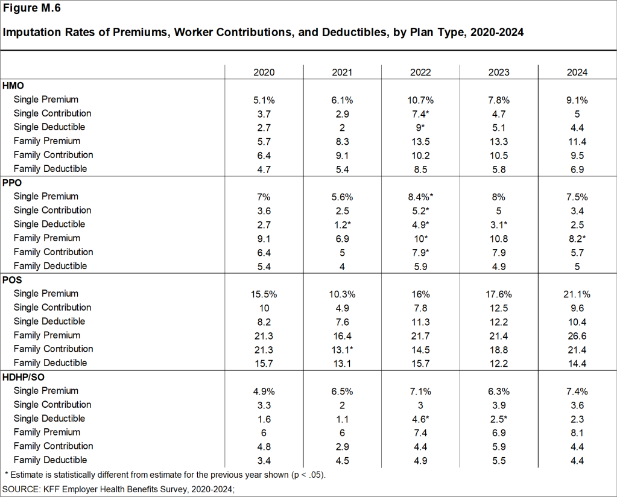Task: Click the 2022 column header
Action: coord(420,72)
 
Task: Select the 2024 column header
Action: coord(577,72)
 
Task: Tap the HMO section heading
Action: coord(13,86)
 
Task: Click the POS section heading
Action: coord(13,280)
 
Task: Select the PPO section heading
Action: coord(13,183)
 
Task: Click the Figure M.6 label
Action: coord(32,8)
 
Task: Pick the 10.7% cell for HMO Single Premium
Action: coord(420,100)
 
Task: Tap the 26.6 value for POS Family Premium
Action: coord(577,335)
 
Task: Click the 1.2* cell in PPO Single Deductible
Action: coord(342,224)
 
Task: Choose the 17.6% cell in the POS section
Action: coord(499,294)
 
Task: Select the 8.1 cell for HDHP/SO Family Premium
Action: coord(577,432)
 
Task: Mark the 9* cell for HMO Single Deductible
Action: coord(420,127)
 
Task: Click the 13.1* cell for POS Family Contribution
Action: coord(342,349)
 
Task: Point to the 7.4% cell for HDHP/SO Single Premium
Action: coord(577,391)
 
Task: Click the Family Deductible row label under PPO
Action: coord(50,266)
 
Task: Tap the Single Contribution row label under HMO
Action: coord(52,113)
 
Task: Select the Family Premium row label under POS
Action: coord(46,335)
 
